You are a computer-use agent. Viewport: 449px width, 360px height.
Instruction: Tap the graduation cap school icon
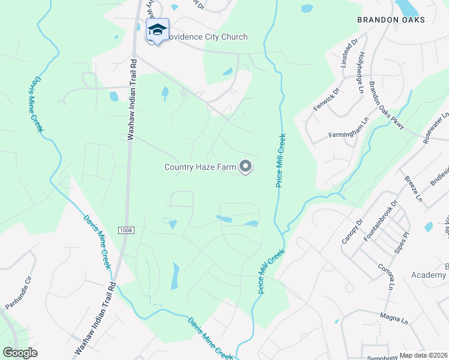[157, 29]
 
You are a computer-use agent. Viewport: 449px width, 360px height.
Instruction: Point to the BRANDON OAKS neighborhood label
[391, 20]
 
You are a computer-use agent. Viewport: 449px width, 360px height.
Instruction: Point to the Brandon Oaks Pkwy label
[387, 105]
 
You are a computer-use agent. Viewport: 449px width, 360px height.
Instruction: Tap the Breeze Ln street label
[414, 188]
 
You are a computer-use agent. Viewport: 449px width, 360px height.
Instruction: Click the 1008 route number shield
[125, 230]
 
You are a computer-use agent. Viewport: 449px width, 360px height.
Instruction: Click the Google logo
[20, 353]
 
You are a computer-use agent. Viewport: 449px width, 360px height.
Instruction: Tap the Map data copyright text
[423, 355]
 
